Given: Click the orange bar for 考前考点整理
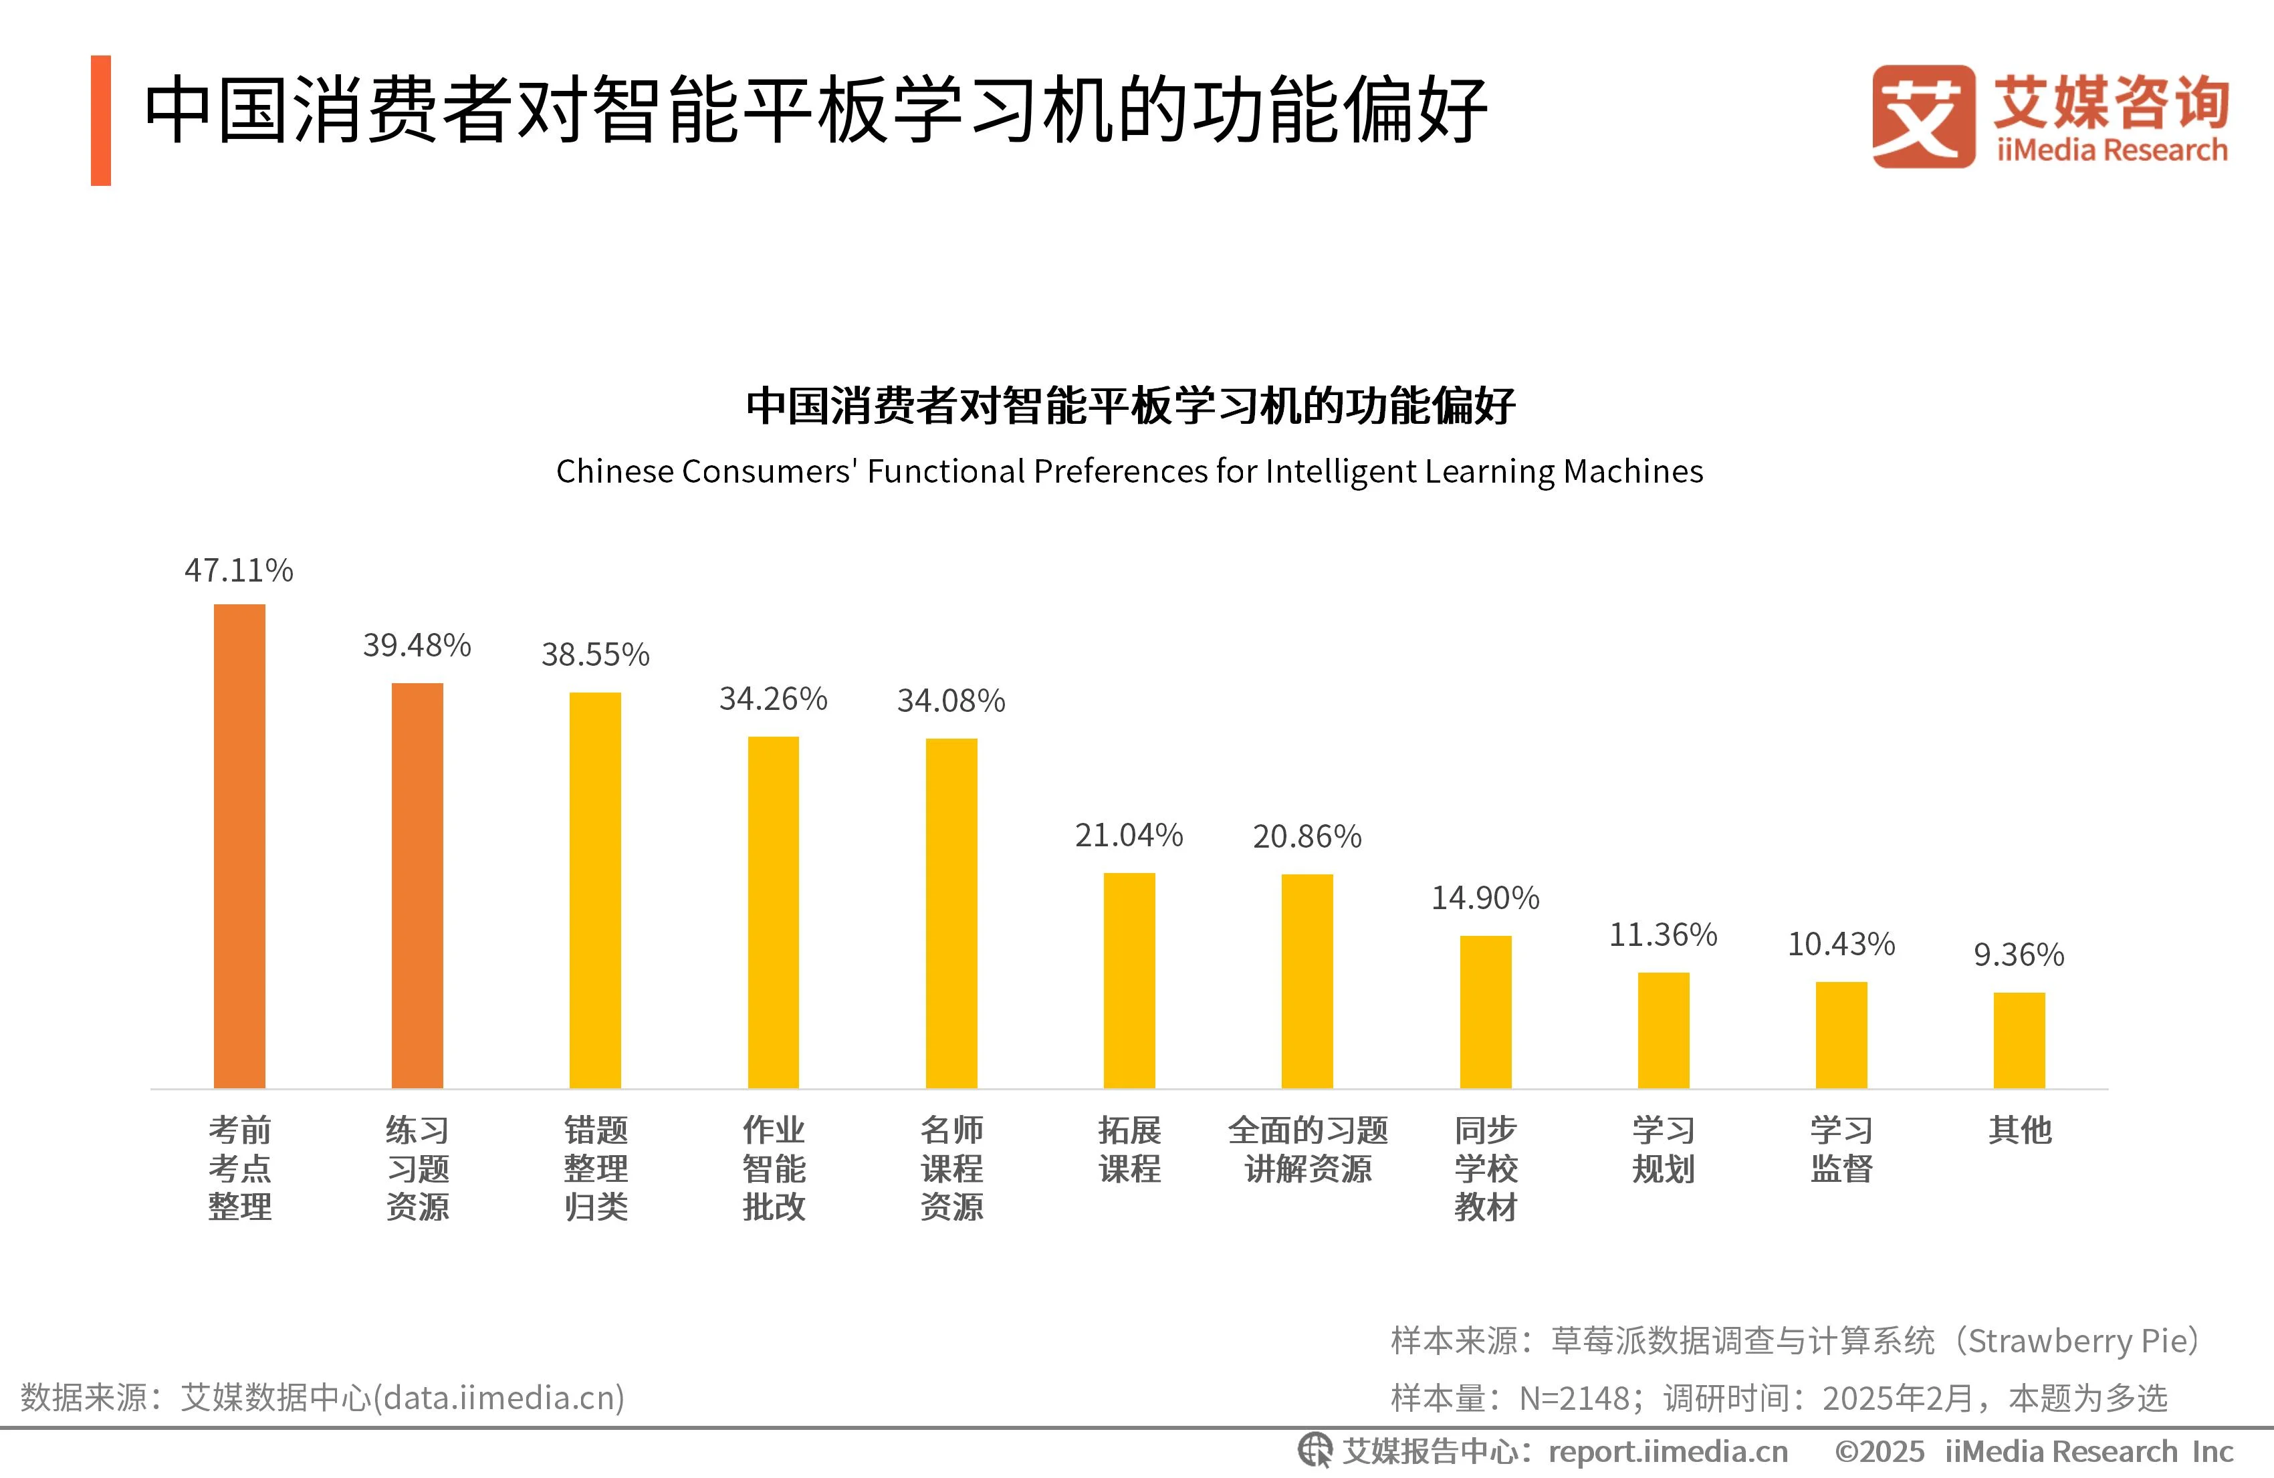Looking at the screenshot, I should pyautogui.click(x=239, y=846).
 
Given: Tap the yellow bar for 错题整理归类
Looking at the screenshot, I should pyautogui.click(x=594, y=890).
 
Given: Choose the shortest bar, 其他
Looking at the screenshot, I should pyautogui.click(x=2018, y=1039).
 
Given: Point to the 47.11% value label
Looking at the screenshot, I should pyautogui.click(x=238, y=570).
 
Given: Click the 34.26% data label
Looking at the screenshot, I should pyautogui.click(x=773, y=699).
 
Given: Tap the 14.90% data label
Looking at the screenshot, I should pyautogui.click(x=1485, y=897).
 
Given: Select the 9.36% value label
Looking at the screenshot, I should pyautogui.click(x=2018, y=955).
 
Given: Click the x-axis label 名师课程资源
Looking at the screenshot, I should pyautogui.click(x=951, y=1168).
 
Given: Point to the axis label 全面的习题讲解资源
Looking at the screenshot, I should pyautogui.click(x=1307, y=1149).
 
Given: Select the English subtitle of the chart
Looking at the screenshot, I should pyautogui.click(x=1129, y=471).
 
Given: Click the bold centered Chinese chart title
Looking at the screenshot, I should pyautogui.click(x=1129, y=405).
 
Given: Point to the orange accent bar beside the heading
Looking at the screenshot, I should pyautogui.click(x=100, y=120).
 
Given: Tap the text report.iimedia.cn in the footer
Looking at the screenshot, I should pyautogui.click(x=1668, y=1451).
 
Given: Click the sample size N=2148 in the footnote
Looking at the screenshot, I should pyautogui.click(x=1574, y=1398).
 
